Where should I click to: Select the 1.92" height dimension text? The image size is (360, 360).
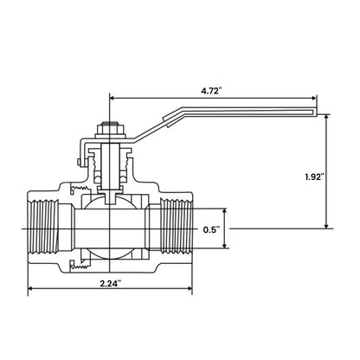[x=339, y=177]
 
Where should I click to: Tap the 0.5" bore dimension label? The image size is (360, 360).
[x=211, y=229]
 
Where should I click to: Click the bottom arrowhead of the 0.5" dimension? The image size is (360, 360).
[x=228, y=247]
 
